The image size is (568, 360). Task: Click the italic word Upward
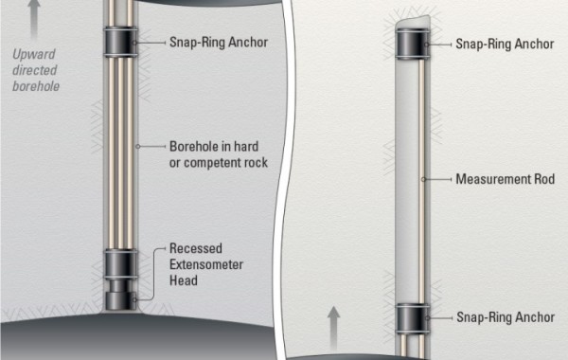tap(34, 54)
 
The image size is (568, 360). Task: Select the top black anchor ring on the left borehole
tap(120, 43)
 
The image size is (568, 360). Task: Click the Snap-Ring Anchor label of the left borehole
tap(217, 43)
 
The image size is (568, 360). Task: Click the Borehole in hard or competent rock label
tap(219, 153)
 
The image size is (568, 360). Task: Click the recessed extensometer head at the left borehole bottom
tap(120, 292)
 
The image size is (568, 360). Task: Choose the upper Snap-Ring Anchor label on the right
tap(504, 44)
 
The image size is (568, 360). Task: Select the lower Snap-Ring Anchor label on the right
tap(504, 317)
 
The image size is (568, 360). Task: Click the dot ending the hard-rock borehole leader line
tap(137, 146)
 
